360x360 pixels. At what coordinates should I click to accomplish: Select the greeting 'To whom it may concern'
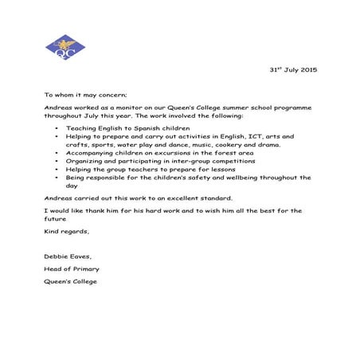(80, 94)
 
